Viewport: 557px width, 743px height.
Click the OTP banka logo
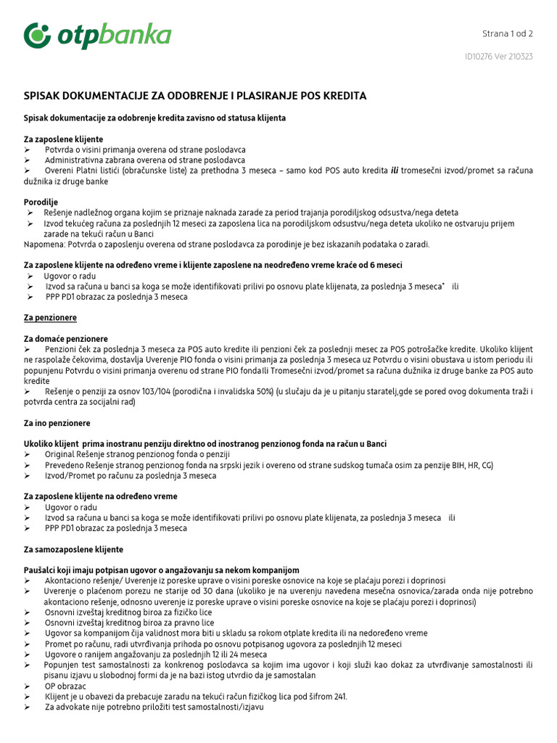97,36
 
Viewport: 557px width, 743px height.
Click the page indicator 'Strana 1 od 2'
508,33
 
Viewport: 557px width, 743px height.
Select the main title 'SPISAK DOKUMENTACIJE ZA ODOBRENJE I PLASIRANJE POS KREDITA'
195,96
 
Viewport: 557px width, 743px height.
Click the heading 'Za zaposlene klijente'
64,139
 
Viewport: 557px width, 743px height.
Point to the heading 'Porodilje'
41,202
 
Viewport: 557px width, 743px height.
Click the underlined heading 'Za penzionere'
50,318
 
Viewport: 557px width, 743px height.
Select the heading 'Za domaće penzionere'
66,339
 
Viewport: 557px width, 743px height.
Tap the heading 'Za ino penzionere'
57,423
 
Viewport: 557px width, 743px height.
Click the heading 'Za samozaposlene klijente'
73,549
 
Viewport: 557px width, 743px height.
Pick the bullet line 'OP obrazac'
65,686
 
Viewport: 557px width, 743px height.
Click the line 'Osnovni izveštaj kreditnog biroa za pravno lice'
129,623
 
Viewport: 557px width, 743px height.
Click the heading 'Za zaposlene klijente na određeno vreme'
101,496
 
